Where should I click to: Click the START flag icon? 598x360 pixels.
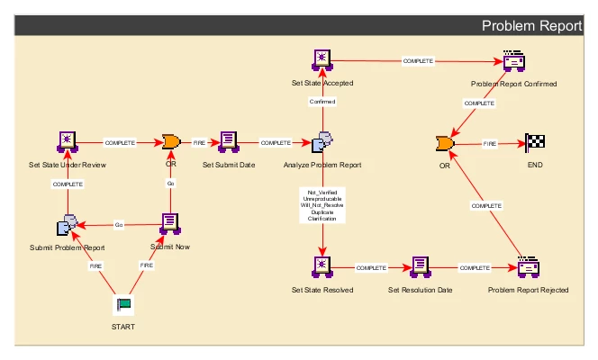[x=122, y=306]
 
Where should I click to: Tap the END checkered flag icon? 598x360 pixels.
[x=535, y=142]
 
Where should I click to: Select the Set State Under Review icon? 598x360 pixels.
[x=68, y=141]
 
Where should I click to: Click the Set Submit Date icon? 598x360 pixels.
[x=229, y=141]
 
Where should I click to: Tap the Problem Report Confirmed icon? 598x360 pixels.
[x=513, y=61]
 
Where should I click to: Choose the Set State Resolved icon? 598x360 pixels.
[x=322, y=266]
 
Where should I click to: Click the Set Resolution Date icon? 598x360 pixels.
[x=420, y=266]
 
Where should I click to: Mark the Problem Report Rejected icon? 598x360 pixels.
[x=527, y=267]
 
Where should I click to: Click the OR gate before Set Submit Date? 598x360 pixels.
[x=170, y=141]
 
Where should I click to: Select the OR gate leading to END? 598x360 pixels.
[x=444, y=143]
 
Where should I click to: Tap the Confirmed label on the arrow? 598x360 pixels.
[x=322, y=102]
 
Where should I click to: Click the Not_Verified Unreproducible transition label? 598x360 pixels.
[x=322, y=206]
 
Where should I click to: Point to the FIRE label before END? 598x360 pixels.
[x=490, y=143]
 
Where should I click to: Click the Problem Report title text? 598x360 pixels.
[x=531, y=26]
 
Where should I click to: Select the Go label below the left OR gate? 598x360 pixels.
[x=170, y=183]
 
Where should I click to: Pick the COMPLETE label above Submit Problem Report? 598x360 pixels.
[x=68, y=184]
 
